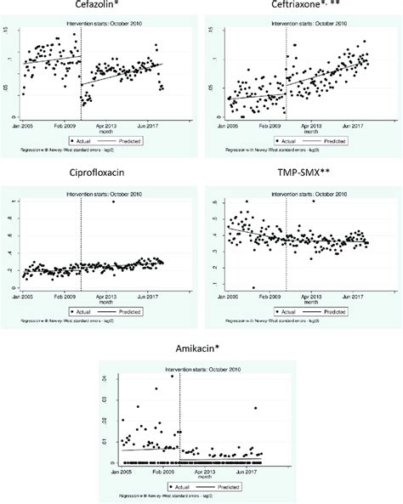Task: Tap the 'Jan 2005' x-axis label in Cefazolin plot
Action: coord(29,124)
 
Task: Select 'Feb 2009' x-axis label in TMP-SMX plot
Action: coord(271,297)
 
